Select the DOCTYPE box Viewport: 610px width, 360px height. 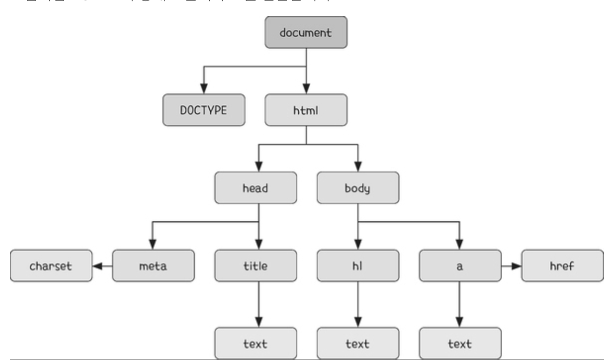[x=204, y=111]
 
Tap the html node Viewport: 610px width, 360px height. [x=306, y=111]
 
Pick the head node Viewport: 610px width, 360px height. [x=255, y=188]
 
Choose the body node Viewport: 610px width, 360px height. [x=358, y=188]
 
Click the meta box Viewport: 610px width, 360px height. [x=153, y=266]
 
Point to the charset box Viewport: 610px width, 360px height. [x=51, y=266]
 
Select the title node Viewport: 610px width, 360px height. [x=255, y=266]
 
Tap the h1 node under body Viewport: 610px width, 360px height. [x=358, y=266]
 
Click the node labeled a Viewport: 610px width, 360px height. [x=460, y=266]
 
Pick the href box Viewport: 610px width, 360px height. [x=562, y=266]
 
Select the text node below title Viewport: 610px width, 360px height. [x=255, y=343]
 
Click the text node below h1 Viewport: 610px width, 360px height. [x=358, y=343]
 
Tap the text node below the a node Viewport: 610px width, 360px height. [x=460, y=343]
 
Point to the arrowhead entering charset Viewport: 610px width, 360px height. [x=97, y=266]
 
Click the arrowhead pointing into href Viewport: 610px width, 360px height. [x=516, y=266]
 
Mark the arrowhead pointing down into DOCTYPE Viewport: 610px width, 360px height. [x=204, y=89]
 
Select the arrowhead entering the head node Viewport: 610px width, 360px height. [x=259, y=167]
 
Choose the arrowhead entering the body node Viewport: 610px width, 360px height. [x=358, y=167]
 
